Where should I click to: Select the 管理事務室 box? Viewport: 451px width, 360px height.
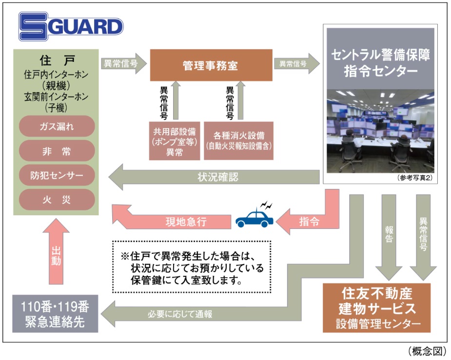210,65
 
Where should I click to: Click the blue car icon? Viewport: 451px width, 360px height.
255,218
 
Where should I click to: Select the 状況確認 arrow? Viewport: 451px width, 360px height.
215,176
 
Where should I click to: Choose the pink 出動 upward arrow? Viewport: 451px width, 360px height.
57,253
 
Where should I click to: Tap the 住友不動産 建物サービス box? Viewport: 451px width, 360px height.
377,308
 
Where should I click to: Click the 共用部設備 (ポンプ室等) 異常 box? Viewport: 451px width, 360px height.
174,140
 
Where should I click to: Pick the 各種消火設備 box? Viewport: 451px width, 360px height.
238,140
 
